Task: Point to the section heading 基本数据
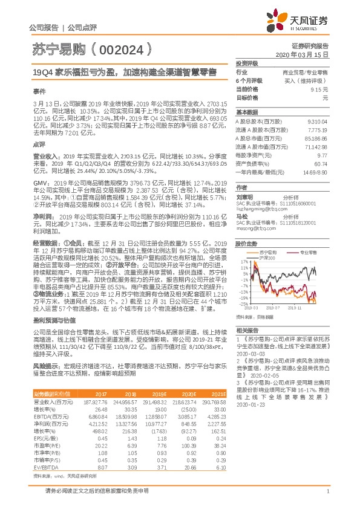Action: click(x=247, y=112)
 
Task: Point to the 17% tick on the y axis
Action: click(x=243, y=262)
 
